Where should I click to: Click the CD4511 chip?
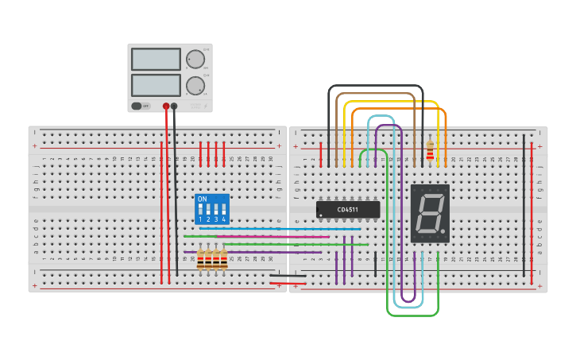point(348,210)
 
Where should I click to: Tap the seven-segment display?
point(430,213)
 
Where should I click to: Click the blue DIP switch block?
point(212,209)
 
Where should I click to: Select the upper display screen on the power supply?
point(156,59)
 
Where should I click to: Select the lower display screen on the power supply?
point(156,84)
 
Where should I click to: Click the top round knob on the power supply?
point(195,60)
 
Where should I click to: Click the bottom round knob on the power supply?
point(195,85)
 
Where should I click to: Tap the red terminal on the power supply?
point(166,106)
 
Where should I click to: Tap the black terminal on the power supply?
point(174,106)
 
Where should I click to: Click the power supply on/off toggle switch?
point(141,106)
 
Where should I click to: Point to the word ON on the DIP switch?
point(202,199)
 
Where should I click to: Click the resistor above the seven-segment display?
point(430,151)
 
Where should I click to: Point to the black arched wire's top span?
point(376,86)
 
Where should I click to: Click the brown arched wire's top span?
point(376,94)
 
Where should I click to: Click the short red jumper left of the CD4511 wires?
point(320,154)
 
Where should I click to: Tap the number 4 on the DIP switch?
point(223,219)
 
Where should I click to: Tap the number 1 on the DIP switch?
point(200,219)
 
